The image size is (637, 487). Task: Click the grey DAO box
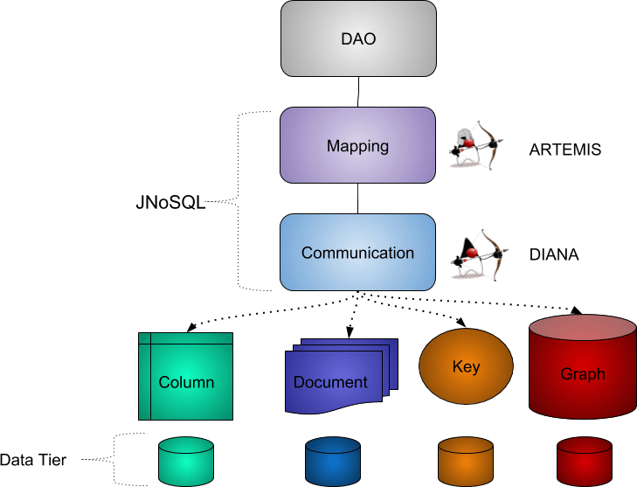(358, 38)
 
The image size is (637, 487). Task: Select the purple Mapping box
(357, 145)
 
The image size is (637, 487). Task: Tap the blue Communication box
(357, 253)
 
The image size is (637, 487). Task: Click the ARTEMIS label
(564, 150)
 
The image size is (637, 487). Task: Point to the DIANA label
(554, 255)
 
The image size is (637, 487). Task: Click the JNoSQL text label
(170, 203)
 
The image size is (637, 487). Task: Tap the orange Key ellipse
(466, 367)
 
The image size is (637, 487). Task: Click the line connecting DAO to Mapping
(358, 91)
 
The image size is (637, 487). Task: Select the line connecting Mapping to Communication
(358, 198)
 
